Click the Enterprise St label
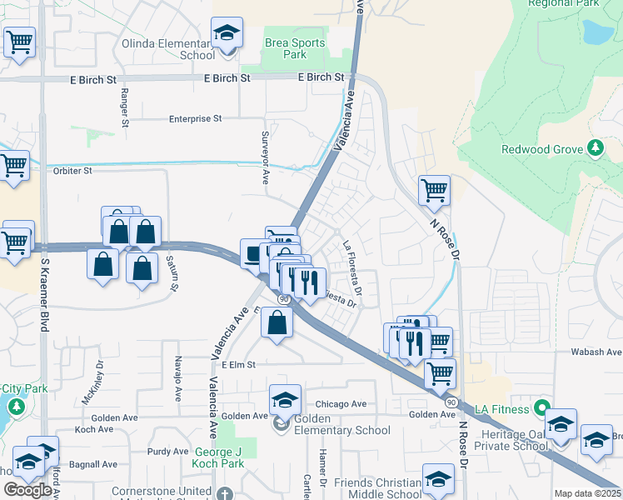[195, 119]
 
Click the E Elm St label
[237, 364]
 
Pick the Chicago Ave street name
[341, 404]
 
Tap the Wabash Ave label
[596, 352]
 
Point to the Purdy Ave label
[167, 452]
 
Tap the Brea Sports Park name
[286, 48]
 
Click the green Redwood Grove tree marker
[595, 148]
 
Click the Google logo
[27, 489]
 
